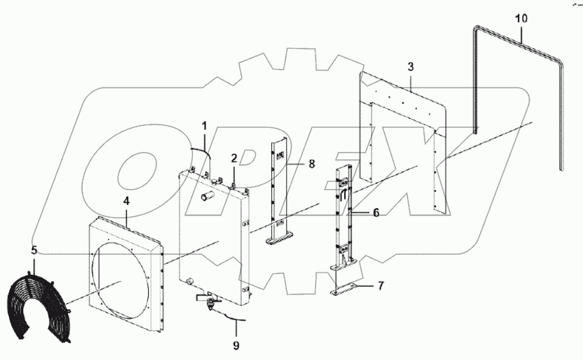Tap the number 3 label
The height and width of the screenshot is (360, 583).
click(x=411, y=66)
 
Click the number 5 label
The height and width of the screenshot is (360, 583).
click(x=34, y=250)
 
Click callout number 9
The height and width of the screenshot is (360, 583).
click(x=235, y=345)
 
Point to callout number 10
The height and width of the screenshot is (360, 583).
click(x=521, y=20)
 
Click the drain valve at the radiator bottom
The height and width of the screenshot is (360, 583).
click(x=211, y=301)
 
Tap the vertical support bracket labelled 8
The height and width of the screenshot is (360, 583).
click(x=279, y=190)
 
